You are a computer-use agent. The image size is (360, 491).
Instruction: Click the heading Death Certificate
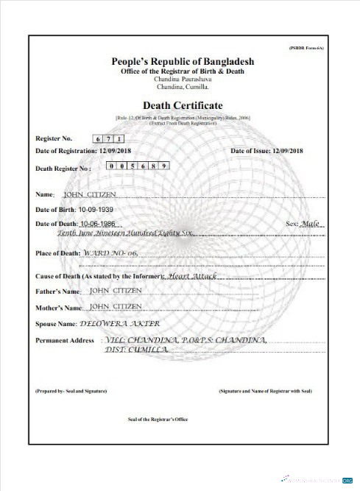click(182, 106)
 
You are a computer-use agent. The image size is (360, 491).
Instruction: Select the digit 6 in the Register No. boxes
click(98, 138)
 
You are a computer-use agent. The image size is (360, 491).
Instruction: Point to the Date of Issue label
click(250, 150)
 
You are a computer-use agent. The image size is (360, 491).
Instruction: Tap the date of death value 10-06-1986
click(98, 222)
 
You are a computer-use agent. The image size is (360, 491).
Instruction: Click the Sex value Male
click(311, 222)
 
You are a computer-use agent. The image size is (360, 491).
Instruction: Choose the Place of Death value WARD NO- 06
click(110, 253)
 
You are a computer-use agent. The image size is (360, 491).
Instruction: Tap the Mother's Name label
click(59, 308)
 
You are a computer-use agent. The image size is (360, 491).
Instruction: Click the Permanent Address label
click(65, 341)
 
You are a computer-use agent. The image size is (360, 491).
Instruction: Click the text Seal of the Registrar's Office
click(158, 420)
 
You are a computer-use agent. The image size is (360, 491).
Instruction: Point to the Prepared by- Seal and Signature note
click(71, 390)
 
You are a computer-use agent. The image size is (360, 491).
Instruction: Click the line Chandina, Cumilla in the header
click(182, 88)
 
